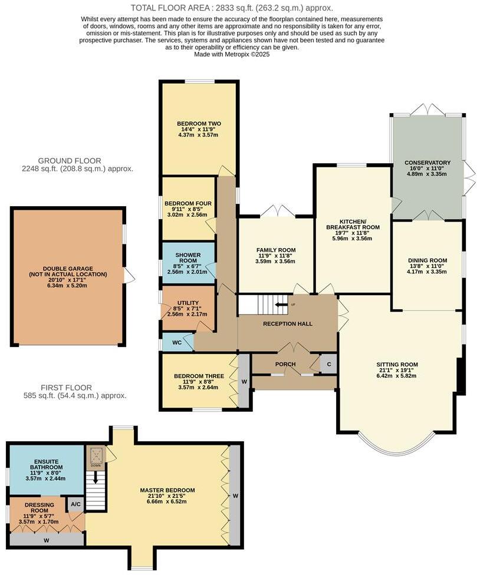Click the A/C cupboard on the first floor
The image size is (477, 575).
pyautogui.click(x=75, y=504)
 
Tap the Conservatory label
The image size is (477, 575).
pyautogui.click(x=427, y=163)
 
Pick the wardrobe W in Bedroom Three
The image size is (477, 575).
pyautogui.click(x=243, y=380)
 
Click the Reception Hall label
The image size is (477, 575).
pyautogui.click(x=288, y=323)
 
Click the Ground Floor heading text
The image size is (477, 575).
pyautogui.click(x=70, y=160)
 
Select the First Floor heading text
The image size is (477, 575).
pyautogui.click(x=66, y=388)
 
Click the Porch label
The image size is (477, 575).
pyautogui.click(x=285, y=364)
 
